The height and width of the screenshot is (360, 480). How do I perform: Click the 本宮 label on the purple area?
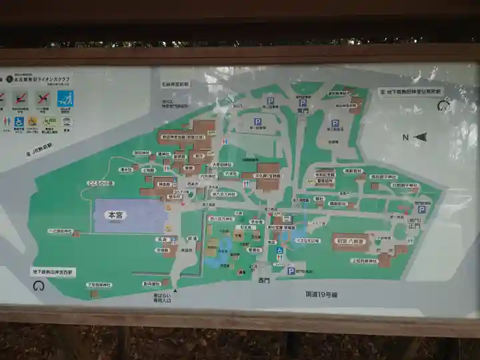point(117,215)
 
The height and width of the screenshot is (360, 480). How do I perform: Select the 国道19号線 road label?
point(322,293)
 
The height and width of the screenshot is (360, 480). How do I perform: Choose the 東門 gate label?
point(303,111)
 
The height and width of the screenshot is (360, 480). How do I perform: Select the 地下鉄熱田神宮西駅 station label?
point(53,272)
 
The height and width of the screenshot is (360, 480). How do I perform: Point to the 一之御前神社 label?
point(60,231)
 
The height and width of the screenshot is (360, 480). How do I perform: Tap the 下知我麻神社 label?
point(99,285)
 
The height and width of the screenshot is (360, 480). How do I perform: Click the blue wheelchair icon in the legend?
point(19,122)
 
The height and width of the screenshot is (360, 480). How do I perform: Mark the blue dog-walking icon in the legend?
point(65,99)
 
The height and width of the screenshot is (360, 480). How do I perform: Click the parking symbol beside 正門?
point(421,209)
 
